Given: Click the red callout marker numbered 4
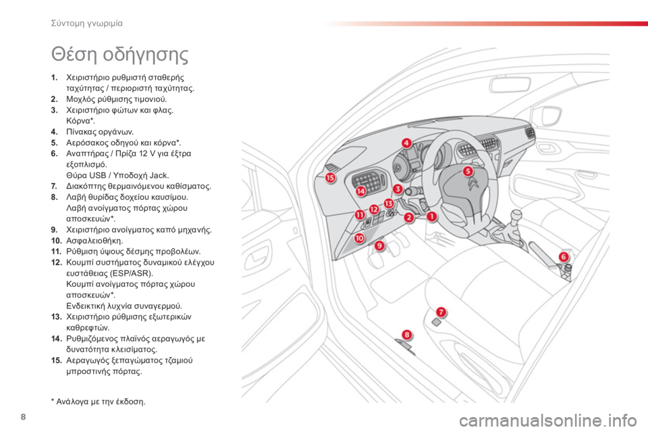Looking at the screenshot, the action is (x=406, y=143).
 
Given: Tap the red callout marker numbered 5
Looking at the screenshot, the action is (x=467, y=171).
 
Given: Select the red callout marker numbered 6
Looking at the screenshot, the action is (x=563, y=256).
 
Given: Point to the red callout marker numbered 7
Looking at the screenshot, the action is (x=441, y=312).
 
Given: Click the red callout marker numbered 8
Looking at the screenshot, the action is (x=407, y=334).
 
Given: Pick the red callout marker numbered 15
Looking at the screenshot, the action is (x=330, y=178).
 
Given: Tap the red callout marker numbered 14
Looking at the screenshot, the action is (x=361, y=191).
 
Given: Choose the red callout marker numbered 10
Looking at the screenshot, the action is (x=360, y=238).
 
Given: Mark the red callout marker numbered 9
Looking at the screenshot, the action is (x=379, y=246).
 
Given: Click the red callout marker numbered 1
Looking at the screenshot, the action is (x=431, y=216).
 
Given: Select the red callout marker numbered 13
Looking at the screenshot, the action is (x=389, y=203).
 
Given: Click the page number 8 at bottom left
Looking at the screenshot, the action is (x=23, y=416).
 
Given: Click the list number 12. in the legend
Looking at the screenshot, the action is (x=57, y=263).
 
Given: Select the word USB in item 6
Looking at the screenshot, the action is (x=97, y=175).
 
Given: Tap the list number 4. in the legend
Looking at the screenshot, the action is (x=55, y=132).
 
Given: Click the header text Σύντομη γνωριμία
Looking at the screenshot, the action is (x=87, y=24).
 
